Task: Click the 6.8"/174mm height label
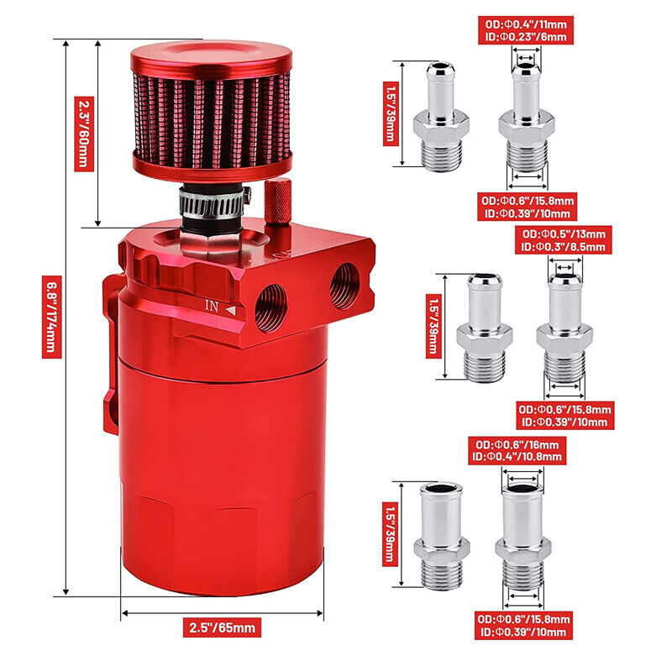[52, 317]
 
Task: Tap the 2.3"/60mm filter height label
[84, 134]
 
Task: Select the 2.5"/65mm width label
[222, 627]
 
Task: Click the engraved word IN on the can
[212, 306]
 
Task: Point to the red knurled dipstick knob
[278, 201]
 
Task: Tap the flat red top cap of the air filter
[212, 57]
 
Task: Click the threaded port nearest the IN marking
[270, 307]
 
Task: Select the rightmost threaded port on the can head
[344, 286]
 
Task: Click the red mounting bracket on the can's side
[111, 351]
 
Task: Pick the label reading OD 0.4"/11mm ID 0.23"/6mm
[526, 30]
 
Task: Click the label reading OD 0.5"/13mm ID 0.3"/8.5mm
[564, 240]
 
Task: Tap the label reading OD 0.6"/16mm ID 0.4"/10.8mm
[517, 450]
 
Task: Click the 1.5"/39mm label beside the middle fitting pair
[433, 326]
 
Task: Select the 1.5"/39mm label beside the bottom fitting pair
[390, 534]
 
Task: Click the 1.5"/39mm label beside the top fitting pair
[391, 113]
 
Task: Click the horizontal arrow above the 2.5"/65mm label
[222, 613]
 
